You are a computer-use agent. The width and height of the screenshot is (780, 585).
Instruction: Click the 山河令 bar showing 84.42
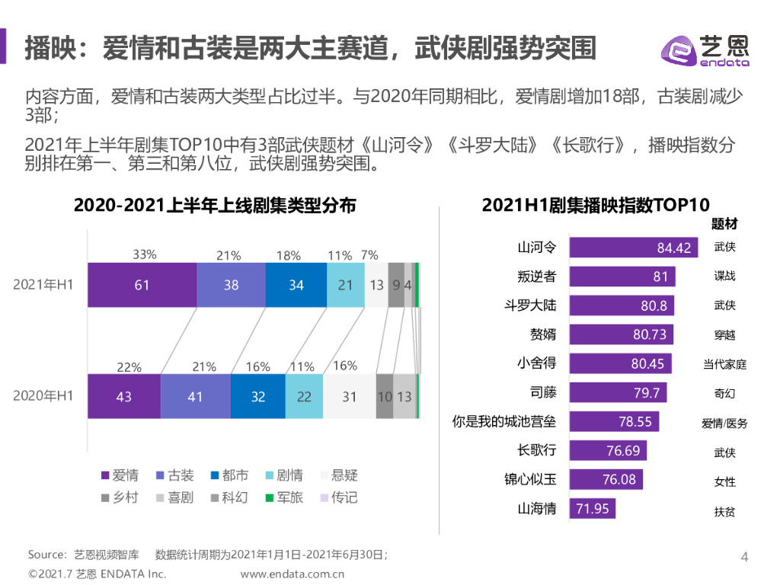[633, 248]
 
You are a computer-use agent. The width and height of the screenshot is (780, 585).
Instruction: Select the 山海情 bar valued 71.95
[592, 509]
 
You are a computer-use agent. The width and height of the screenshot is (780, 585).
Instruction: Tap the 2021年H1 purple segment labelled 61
[142, 285]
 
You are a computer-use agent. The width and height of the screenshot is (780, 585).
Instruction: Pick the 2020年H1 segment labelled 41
[196, 397]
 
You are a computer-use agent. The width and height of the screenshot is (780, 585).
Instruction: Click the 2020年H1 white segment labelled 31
[349, 397]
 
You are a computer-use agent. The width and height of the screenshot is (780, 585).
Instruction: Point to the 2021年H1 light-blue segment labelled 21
[345, 285]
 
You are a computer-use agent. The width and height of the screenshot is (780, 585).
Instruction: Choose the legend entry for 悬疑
[337, 476]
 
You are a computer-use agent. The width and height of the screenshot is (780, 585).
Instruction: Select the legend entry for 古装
[174, 476]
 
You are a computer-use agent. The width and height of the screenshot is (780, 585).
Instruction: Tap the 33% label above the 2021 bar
[145, 254]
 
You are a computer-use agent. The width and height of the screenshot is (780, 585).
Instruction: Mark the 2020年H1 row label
[43, 396]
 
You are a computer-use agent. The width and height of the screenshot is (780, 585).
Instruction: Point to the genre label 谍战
[724, 277]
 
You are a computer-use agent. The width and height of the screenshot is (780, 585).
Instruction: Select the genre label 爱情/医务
[724, 423]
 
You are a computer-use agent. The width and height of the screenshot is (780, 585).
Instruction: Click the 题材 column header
[724, 225]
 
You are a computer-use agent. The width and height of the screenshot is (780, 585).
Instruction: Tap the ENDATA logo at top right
[705, 50]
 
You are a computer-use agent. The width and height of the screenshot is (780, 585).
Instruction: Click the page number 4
[745, 558]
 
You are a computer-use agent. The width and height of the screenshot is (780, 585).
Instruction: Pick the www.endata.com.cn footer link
[292, 574]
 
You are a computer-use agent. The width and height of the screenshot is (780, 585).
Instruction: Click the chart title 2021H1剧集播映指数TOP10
[596, 205]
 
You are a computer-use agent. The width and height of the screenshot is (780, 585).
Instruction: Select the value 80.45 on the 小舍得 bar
[647, 364]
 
